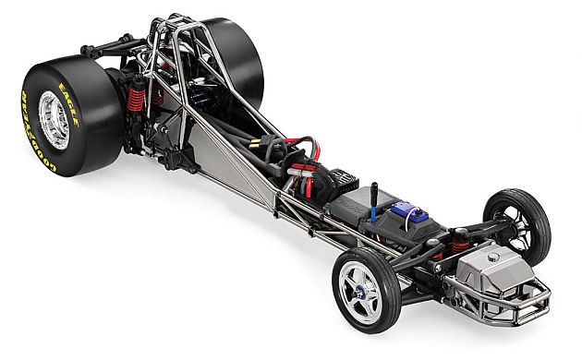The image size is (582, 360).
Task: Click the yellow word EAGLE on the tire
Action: (69, 104)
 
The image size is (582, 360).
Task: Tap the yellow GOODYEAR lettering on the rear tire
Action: (34, 134)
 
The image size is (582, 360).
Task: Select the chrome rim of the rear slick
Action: (54, 120)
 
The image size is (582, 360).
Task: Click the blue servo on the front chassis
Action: (408, 211)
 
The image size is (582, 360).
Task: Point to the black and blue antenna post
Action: (374, 202)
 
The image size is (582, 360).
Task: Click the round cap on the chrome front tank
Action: (493, 257)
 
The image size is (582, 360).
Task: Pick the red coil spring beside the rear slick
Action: (136, 100)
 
